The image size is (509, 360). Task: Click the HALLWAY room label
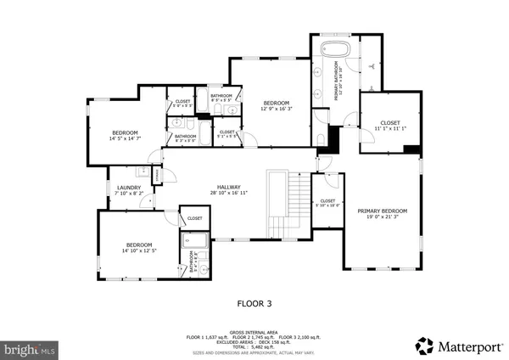pyautogui.click(x=229, y=188)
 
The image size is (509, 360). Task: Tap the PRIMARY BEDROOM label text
pyautogui.click(x=382, y=211)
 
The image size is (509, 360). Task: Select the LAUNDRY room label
pyautogui.click(x=129, y=188)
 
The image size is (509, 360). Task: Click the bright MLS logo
pyautogui.click(x=31, y=349)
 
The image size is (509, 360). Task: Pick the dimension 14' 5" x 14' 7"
pyautogui.click(x=125, y=138)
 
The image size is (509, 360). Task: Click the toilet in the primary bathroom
pyautogui.click(x=319, y=138)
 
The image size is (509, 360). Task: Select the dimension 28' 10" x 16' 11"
pyautogui.click(x=229, y=194)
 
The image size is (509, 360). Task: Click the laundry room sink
pyautogui.click(x=143, y=172)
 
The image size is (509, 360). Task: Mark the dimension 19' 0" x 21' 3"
pyautogui.click(x=382, y=217)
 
